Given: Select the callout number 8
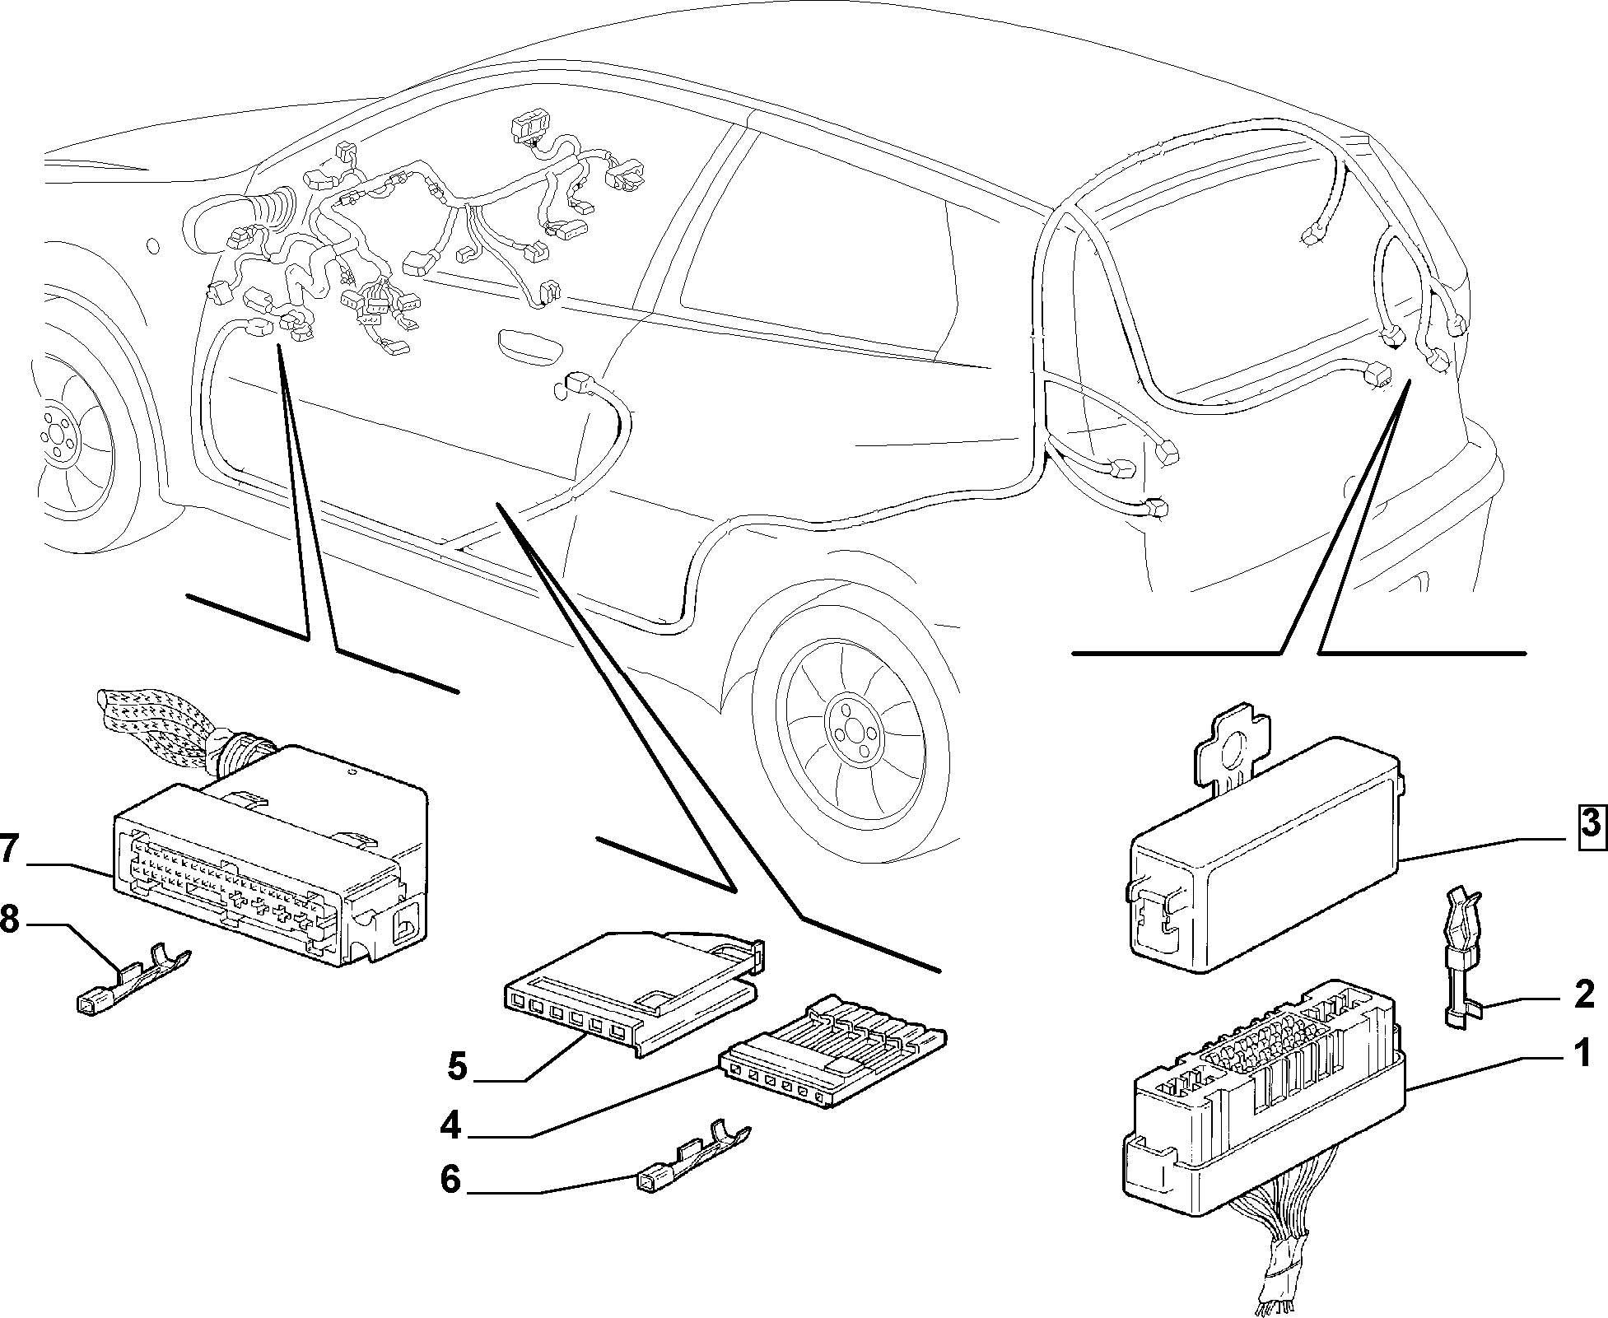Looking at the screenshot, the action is tap(10, 920).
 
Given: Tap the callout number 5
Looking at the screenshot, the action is tap(458, 1068).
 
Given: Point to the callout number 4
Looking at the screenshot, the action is tap(450, 1125).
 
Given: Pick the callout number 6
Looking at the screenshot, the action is tap(450, 1179).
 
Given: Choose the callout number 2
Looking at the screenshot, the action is tap(1584, 994).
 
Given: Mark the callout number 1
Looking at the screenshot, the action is tap(1582, 1053).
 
